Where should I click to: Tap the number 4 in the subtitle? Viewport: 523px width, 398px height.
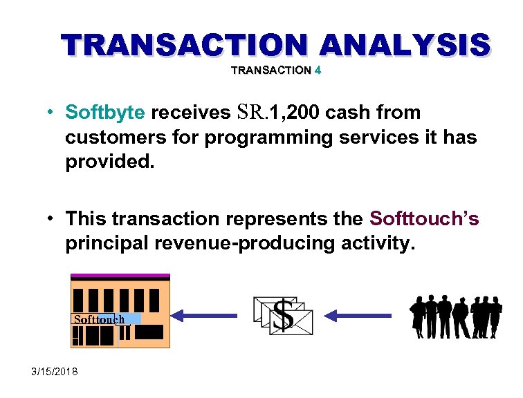(317, 70)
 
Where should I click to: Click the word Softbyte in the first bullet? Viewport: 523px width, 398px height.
(105, 112)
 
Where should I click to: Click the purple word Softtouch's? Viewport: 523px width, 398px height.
(424, 219)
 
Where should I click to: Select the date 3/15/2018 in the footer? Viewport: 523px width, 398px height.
(55, 372)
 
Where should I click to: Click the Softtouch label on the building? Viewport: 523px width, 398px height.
(99, 319)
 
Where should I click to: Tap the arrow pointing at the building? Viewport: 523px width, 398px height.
(204, 316)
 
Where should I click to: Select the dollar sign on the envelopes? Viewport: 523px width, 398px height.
(282, 314)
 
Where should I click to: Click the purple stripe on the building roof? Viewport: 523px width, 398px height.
(120, 276)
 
